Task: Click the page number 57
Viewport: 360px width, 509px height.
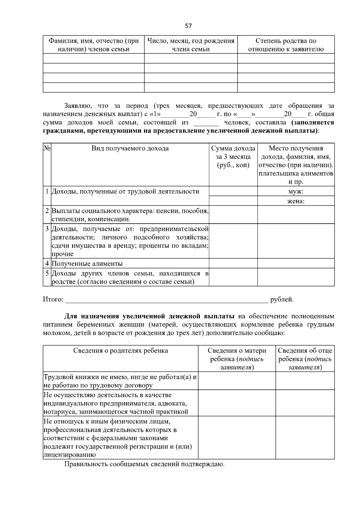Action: [188, 26]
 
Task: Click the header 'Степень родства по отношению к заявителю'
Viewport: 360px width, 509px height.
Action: [286, 45]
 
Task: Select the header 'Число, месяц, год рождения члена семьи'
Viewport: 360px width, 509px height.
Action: [191, 45]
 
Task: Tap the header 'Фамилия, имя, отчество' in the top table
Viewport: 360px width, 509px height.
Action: [94, 45]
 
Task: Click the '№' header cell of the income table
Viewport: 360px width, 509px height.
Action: [47, 148]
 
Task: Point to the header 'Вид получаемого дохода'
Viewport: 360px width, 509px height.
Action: [130, 148]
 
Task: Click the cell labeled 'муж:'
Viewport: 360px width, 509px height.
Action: [296, 191]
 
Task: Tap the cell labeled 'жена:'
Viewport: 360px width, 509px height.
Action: [296, 201]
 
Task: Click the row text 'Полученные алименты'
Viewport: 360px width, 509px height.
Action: [87, 264]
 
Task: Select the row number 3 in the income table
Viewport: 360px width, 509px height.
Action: [47, 229]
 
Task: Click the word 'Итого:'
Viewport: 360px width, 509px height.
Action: [53, 299]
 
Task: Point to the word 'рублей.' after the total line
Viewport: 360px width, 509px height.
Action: [282, 299]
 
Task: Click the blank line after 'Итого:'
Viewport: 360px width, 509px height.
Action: [166, 300]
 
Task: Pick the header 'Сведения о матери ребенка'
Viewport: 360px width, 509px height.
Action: [237, 359]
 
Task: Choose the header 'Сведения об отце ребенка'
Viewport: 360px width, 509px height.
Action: [305, 359]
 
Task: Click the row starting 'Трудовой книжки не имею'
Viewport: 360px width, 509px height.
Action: [120, 381]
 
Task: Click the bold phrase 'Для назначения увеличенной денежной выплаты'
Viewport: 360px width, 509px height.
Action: [149, 316]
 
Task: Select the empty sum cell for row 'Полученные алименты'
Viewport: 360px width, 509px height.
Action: [233, 263]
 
